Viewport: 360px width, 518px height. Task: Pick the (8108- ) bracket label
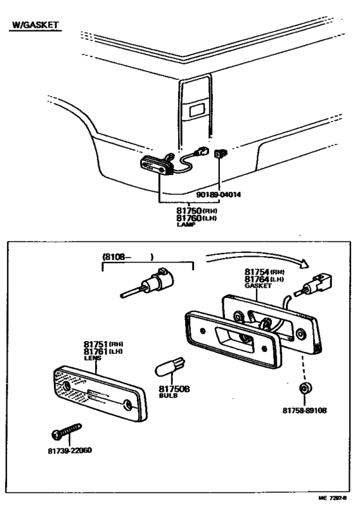[x=128, y=257]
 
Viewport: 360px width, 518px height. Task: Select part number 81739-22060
[x=70, y=450]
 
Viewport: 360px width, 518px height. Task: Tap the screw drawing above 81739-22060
[x=67, y=430]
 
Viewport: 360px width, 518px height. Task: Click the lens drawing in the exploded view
[x=96, y=393]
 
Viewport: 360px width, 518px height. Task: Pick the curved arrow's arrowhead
[x=304, y=263]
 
